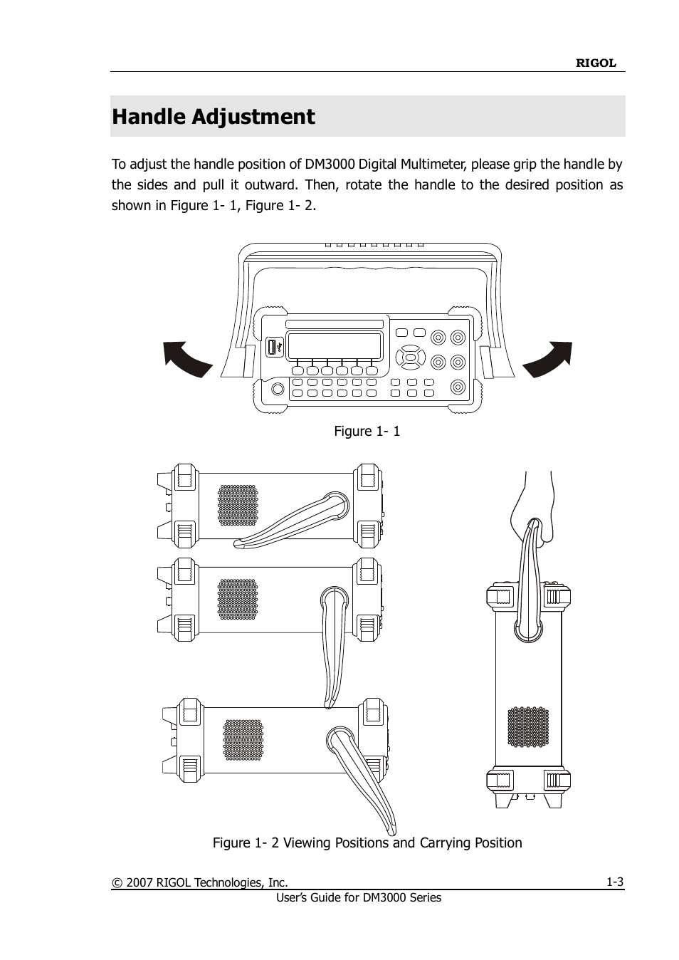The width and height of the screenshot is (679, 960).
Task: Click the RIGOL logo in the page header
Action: pos(596,63)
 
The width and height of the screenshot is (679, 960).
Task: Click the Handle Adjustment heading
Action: pos(214,117)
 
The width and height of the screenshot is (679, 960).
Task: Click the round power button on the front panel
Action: pos(278,389)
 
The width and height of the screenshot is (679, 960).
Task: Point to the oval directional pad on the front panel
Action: pos(410,357)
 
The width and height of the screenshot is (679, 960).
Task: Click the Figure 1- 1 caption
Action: pos(367,431)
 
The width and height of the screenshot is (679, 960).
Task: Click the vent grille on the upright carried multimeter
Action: pos(528,726)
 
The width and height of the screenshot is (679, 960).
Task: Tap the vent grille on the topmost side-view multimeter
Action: pos(238,506)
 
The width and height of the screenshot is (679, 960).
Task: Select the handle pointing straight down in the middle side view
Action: pos(333,647)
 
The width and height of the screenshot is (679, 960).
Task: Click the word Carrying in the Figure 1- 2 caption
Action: pos(446,843)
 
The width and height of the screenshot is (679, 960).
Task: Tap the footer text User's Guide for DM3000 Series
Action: pos(359,898)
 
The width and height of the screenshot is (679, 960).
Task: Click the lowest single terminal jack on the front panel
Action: pos(458,387)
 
